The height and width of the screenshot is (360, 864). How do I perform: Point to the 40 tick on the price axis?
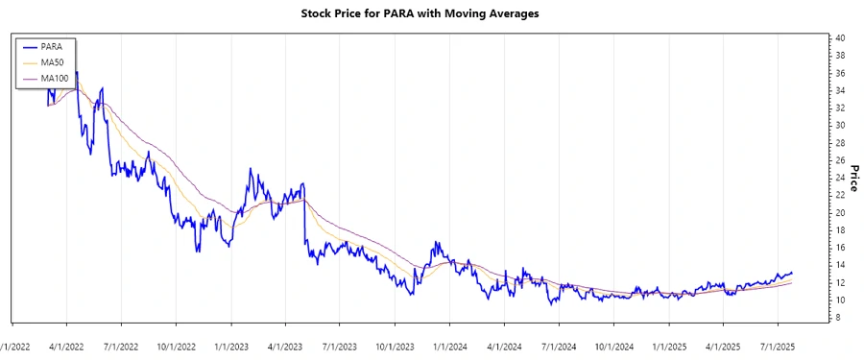(x=839, y=37)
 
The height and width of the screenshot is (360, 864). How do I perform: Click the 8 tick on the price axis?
(x=837, y=318)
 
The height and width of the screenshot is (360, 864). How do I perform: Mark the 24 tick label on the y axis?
(x=839, y=178)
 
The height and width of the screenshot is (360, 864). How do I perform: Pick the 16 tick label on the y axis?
(x=839, y=248)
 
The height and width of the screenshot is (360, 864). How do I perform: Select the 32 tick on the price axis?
(x=839, y=108)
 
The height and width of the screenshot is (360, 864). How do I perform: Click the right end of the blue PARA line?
(x=792, y=273)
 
